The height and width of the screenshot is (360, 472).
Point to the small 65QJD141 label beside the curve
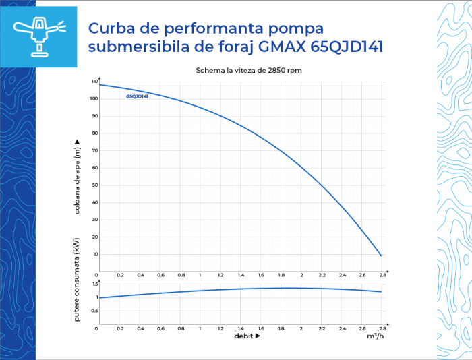[x=138, y=96]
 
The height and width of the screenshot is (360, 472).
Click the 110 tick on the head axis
[x=94, y=82]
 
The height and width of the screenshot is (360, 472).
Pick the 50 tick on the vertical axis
[x=95, y=185]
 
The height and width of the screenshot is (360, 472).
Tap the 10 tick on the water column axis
[x=95, y=254]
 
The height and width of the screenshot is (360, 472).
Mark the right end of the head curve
[x=382, y=256]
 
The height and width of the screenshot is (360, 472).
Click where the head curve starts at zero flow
[x=99, y=84]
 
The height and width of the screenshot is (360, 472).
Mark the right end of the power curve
[x=382, y=292]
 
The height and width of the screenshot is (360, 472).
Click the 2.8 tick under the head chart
[x=382, y=275]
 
